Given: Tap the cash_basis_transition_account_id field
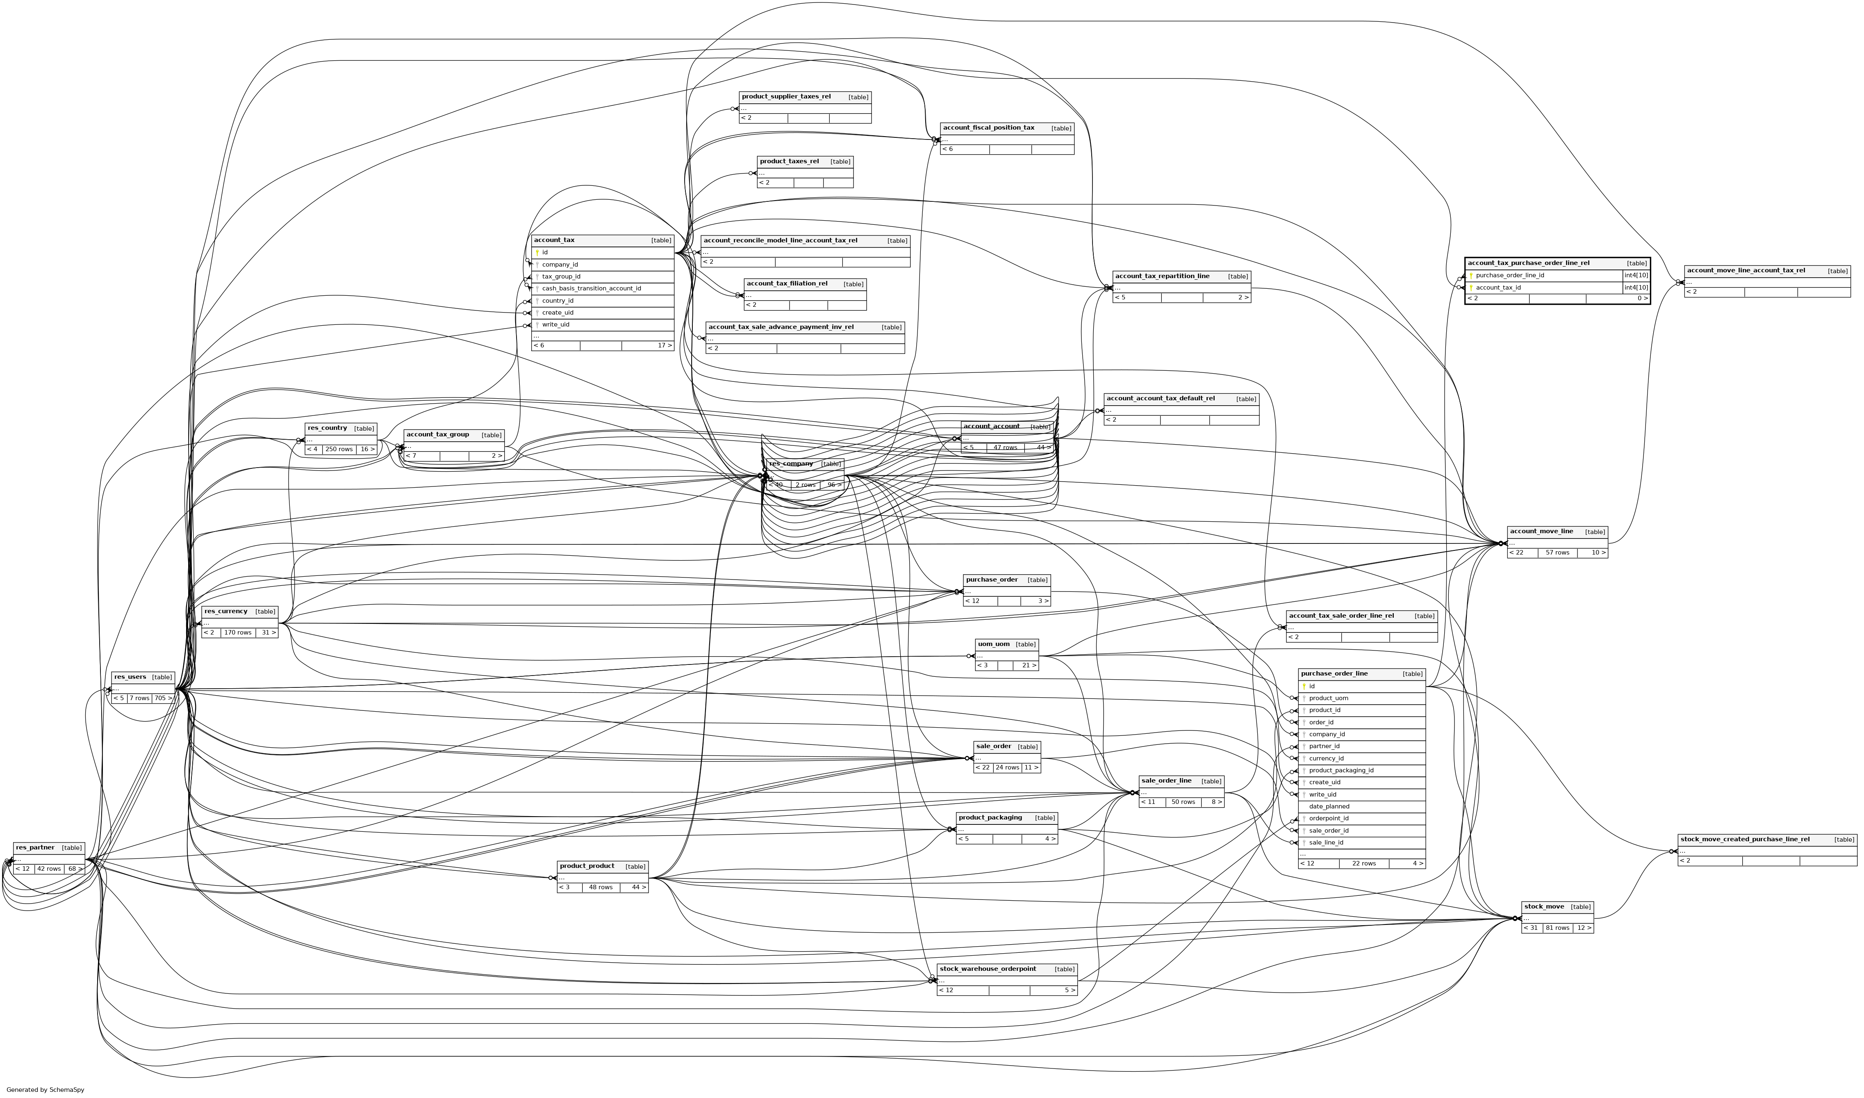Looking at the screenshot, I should click(x=591, y=289).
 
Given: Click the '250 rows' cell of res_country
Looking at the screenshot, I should click(x=339, y=449).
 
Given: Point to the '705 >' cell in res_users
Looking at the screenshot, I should click(x=163, y=698).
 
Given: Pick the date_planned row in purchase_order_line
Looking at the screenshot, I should click(x=1329, y=806).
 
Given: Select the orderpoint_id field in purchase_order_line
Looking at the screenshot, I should click(x=1329, y=818).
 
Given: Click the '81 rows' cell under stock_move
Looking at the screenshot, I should click(x=1557, y=928).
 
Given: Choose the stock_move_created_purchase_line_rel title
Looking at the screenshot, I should click(x=1745, y=839).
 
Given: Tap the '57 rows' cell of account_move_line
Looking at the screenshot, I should click(x=1557, y=553).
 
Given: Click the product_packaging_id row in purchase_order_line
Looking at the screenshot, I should click(x=1341, y=770).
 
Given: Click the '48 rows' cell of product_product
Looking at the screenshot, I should click(x=601, y=887).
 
